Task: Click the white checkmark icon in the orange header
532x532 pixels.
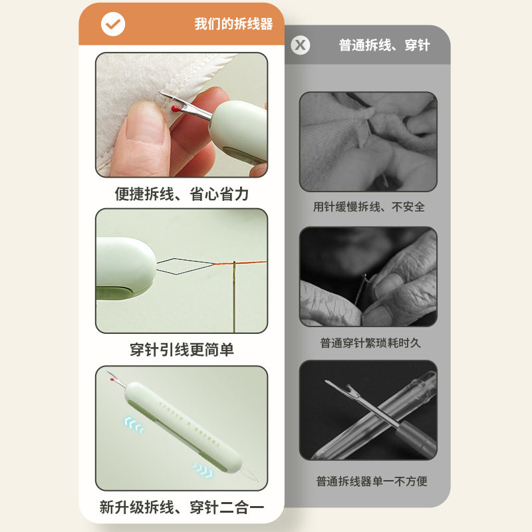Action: pyautogui.click(x=113, y=25)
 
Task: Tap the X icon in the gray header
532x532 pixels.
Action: pyautogui.click(x=301, y=45)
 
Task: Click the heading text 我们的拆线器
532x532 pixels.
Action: pyautogui.click(x=233, y=25)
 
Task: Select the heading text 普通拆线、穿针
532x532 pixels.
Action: pyautogui.click(x=384, y=45)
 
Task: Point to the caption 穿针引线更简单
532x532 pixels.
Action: pyautogui.click(x=182, y=350)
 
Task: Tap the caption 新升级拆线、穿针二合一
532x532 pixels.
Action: pyautogui.click(x=182, y=507)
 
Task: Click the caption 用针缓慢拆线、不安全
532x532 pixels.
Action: pyautogui.click(x=369, y=207)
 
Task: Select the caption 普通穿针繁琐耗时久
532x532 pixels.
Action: pyautogui.click(x=370, y=343)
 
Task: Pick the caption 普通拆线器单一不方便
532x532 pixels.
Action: pyautogui.click(x=371, y=481)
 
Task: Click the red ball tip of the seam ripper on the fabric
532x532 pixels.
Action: pyautogui.click(x=175, y=107)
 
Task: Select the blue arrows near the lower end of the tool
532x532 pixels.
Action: pyautogui.click(x=202, y=469)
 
